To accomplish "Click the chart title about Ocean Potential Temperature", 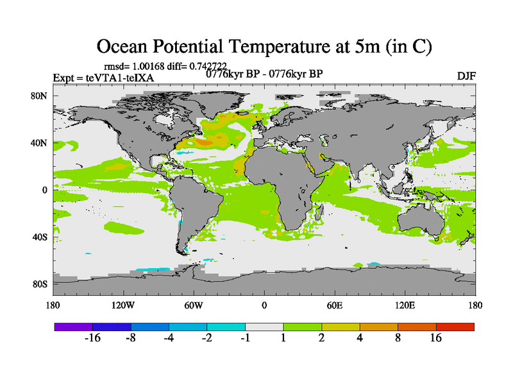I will click(264, 47).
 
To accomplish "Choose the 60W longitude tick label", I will click(194, 305).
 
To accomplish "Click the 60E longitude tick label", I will click(335, 305).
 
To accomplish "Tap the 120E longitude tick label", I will click(405, 305).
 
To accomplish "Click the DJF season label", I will click(466, 76).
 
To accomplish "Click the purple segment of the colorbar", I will click(73, 327).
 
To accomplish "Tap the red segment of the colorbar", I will click(455, 327).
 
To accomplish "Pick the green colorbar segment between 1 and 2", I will click(303, 327).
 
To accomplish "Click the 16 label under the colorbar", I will click(436, 339).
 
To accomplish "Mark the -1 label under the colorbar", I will click(245, 339).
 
